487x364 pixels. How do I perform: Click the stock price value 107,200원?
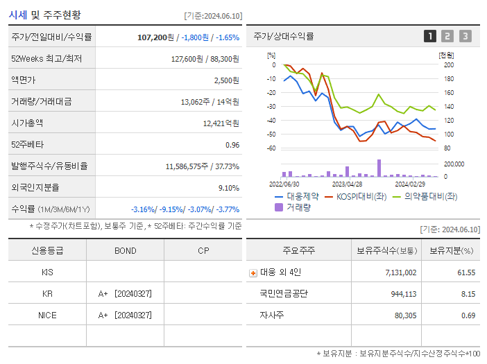coord(157,37)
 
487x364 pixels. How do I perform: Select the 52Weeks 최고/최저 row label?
coord(46,59)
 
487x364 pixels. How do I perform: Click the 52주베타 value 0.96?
coord(232,145)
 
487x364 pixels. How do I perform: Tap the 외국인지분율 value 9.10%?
coord(228,188)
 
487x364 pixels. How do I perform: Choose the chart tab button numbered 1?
coord(430,36)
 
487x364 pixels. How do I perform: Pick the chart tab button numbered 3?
coord(465,36)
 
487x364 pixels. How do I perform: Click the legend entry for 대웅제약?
coord(299,196)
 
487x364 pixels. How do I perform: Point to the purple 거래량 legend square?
coord(279,207)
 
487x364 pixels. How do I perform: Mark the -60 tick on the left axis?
coord(271,148)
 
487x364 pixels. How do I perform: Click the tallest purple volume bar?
coord(379,168)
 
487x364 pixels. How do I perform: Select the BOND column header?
coord(125,250)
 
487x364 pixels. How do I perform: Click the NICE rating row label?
coord(47,315)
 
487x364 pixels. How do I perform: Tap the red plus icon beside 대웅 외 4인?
coord(253,272)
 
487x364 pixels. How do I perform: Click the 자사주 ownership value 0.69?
coord(468,315)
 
